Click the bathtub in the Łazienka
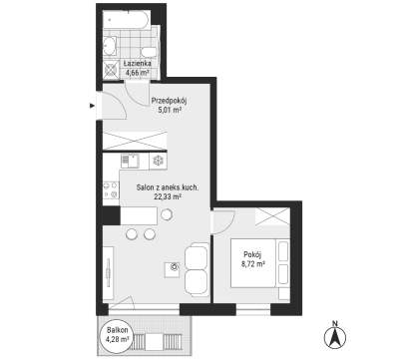[126, 19]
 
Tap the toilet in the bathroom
[149, 52]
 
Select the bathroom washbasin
[110, 46]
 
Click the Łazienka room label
[137, 63]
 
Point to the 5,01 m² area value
[170, 110]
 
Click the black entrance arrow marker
[92, 106]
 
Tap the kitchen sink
[130, 162]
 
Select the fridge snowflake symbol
[159, 162]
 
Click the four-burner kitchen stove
[111, 189]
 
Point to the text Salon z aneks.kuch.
[168, 187]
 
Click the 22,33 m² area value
[168, 196]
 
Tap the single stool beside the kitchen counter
[167, 214]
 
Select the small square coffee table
[172, 269]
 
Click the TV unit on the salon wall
[108, 273]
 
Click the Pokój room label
[252, 255]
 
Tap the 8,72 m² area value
[253, 264]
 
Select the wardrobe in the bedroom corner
[272, 216]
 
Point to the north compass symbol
[335, 336]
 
